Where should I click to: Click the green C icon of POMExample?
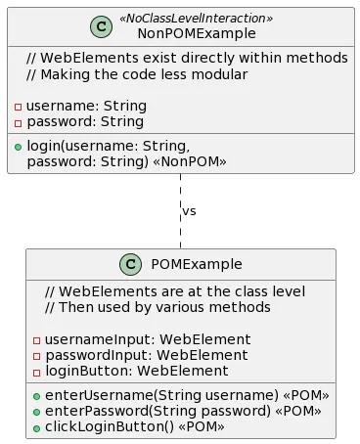click(x=132, y=265)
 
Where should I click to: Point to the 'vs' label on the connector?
click(x=189, y=211)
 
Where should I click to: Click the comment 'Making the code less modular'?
click(x=137, y=74)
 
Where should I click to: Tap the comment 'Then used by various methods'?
click(x=161, y=307)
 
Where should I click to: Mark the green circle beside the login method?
click(x=19, y=146)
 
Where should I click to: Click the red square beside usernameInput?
click(x=37, y=340)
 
